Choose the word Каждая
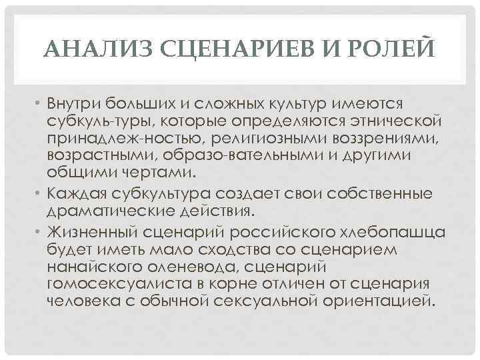pos(77,194)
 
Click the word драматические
pos(109,211)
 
